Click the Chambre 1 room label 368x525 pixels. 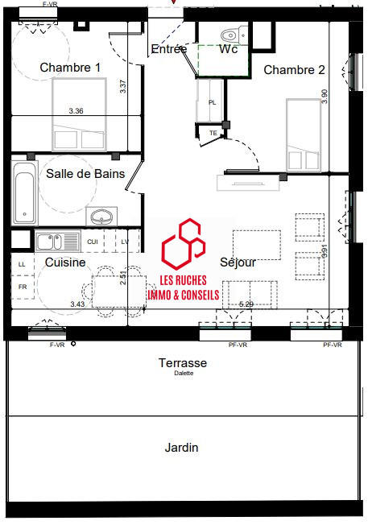[x=70, y=68]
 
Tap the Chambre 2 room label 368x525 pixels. [x=294, y=70]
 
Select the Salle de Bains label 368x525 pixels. [x=77, y=173]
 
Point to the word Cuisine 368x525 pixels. [x=65, y=262]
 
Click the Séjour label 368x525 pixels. [x=238, y=262]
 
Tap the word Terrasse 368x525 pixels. [x=183, y=363]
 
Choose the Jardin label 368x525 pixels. [x=181, y=448]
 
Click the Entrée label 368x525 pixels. [x=169, y=49]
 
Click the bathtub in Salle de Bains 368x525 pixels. [x=25, y=193]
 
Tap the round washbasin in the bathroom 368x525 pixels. [x=101, y=217]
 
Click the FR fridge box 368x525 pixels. [x=22, y=287]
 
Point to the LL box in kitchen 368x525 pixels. [x=22, y=263]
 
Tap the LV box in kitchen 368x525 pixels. [x=124, y=242]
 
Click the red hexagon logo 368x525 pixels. [x=181, y=244]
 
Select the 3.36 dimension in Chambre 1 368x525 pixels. [x=76, y=110]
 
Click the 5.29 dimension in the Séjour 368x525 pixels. [x=246, y=304]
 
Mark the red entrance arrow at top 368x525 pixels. [x=176, y=3]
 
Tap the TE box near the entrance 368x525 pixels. [x=213, y=133]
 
